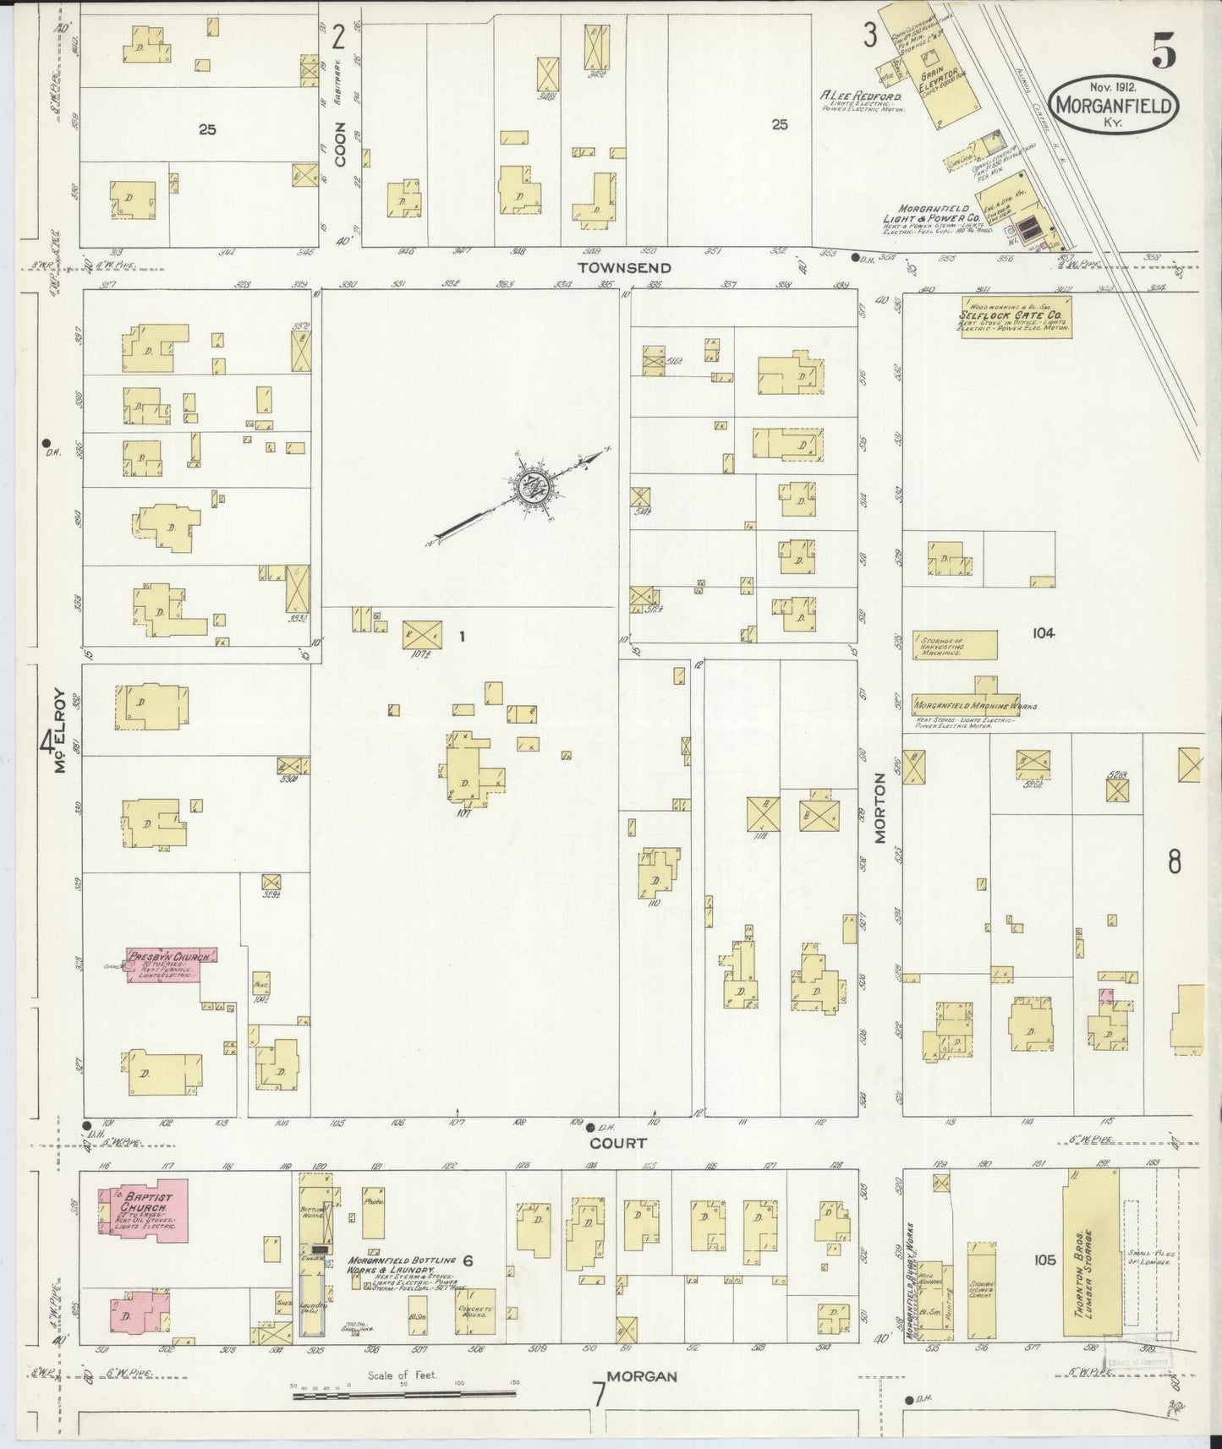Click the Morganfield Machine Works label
click(976, 706)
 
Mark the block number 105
click(1044, 1260)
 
